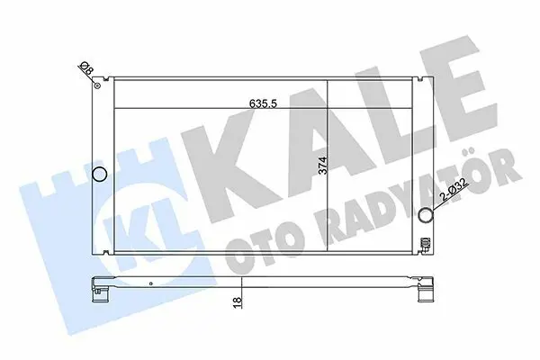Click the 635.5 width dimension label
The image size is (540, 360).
(x=263, y=103)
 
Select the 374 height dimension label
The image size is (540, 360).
(x=323, y=166)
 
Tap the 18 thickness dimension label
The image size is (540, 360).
(x=238, y=302)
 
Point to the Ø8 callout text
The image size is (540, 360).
(x=86, y=68)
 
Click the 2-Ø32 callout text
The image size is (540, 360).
(x=454, y=191)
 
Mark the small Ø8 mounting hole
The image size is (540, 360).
(x=97, y=85)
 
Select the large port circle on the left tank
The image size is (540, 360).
(x=100, y=174)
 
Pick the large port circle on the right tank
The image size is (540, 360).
(x=426, y=215)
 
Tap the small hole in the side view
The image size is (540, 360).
(x=151, y=283)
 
